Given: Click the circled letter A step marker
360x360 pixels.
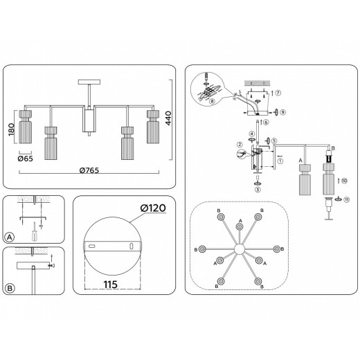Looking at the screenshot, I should (x=10, y=237).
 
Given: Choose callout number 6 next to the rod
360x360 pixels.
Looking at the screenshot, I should (x=266, y=122).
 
